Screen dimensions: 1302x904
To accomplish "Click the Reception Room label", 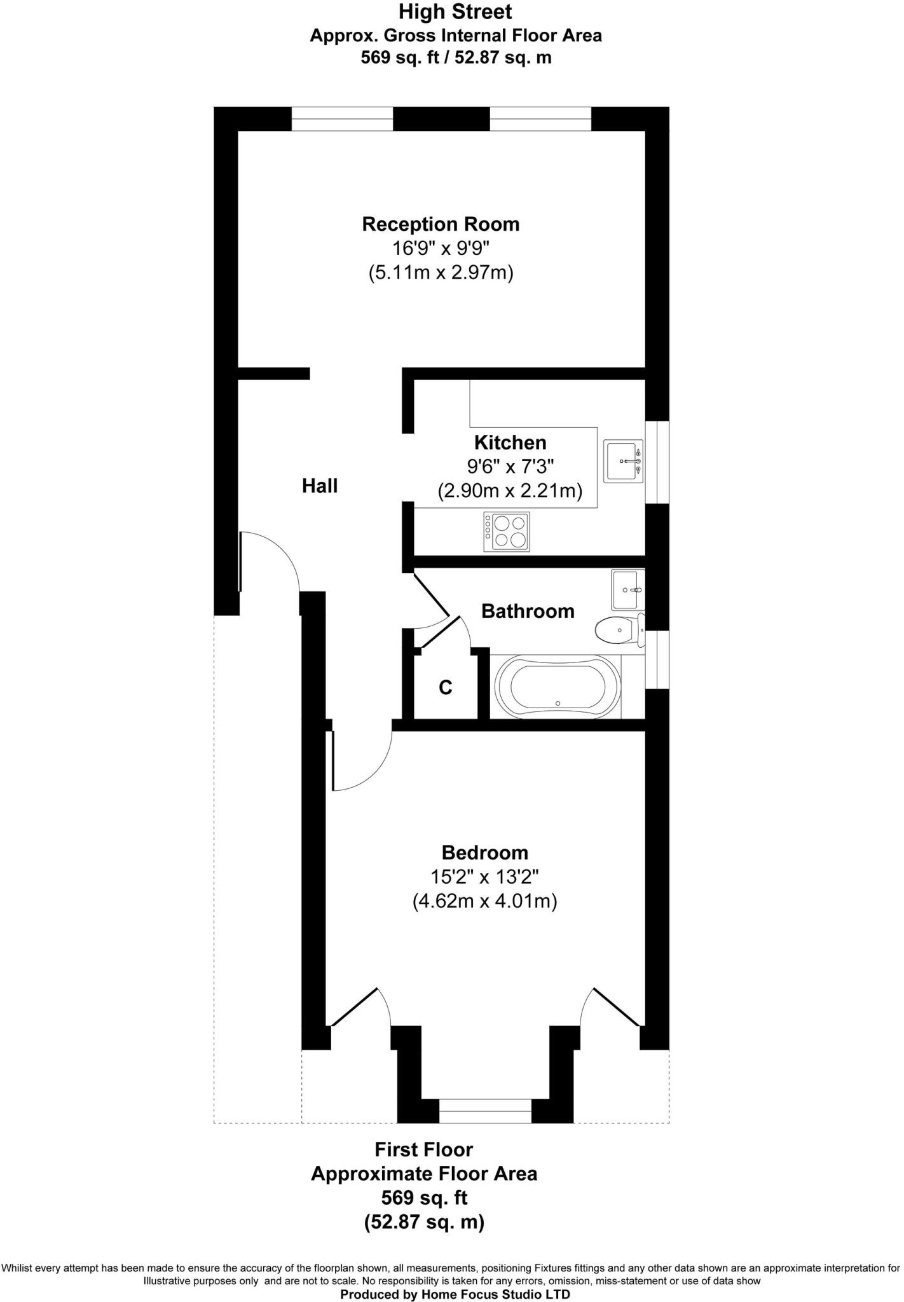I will point(441,224).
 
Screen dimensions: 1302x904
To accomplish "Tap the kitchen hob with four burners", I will point(507,532).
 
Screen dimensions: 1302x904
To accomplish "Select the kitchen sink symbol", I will point(623,462).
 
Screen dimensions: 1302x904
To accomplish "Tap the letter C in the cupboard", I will point(446,687).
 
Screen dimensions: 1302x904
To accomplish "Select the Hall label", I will point(320,486).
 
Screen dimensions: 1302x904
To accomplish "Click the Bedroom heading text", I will point(485,853).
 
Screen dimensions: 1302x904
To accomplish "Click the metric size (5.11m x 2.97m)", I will point(441,273).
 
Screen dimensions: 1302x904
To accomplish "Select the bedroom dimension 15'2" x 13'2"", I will point(485,877).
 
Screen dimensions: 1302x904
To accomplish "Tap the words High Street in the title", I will point(455,11).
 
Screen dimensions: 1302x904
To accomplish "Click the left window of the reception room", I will point(342,119).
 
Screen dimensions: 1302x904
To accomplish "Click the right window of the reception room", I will point(540,119).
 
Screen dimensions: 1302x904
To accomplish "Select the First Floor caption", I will point(423,1150).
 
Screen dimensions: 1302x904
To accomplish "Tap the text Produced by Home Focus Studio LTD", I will point(455,1292).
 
